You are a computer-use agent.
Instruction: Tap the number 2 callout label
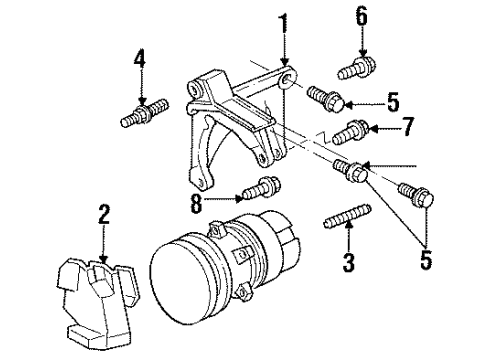pos(104,214)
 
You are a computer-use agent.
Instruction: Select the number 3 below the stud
pos(348,266)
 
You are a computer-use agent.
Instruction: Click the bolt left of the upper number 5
pos(328,98)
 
